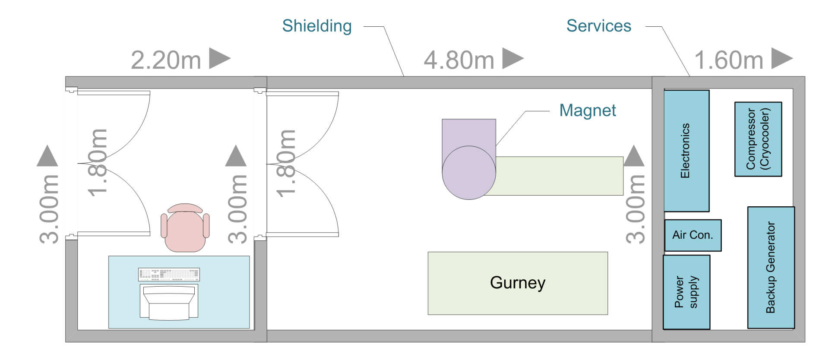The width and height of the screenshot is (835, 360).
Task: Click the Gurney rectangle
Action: point(517,283)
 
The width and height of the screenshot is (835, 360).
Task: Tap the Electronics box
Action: point(686,151)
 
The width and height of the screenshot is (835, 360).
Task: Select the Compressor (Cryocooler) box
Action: point(758,139)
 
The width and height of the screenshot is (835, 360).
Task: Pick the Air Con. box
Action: point(693,235)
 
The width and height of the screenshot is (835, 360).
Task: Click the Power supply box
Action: point(686,292)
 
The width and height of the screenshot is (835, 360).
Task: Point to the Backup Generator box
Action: point(771,267)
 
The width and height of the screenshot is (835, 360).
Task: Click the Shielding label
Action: point(316,26)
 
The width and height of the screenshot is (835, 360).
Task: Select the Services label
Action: point(598,26)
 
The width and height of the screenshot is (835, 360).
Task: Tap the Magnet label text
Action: point(587,111)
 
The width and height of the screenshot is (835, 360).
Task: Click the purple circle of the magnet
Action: point(468,173)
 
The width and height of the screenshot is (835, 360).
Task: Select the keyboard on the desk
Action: point(169,275)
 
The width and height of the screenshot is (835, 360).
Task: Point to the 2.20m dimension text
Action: point(166,60)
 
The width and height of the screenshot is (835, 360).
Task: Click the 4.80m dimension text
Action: point(459,60)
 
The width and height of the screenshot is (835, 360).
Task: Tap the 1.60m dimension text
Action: point(729,60)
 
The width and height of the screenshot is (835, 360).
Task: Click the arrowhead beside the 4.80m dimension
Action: point(512,58)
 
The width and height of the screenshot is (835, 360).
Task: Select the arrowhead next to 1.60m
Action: point(781,58)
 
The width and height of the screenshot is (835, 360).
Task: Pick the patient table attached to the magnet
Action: point(559,176)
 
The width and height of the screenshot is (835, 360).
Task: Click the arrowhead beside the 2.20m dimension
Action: point(219,58)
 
